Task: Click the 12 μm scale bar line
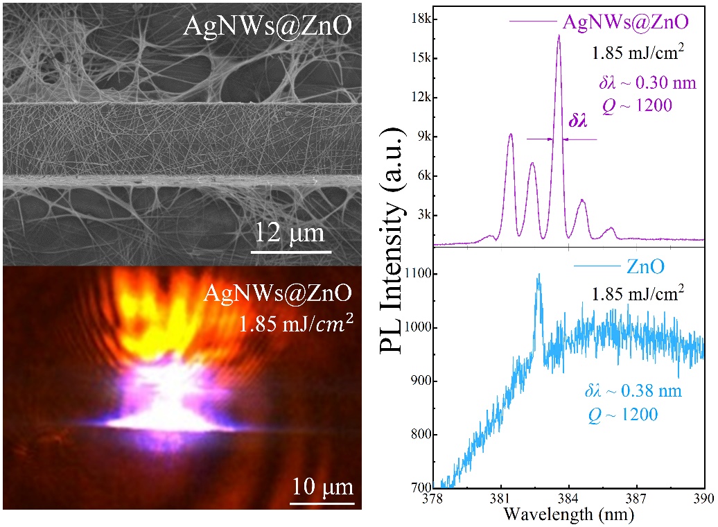(291, 252)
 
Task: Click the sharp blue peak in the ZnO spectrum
(538, 275)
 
